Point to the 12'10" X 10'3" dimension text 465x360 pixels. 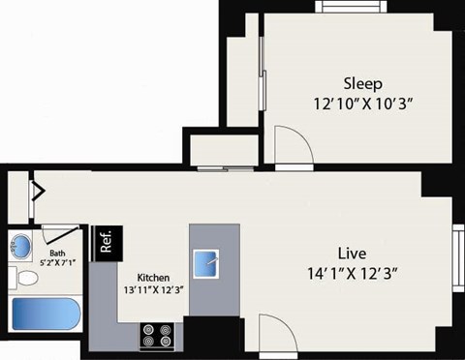(x=363, y=104)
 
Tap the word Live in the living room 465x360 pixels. (x=351, y=253)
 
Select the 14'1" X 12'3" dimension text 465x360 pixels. (x=351, y=273)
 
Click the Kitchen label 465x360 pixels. (x=154, y=275)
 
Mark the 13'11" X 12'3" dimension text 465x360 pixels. (x=154, y=289)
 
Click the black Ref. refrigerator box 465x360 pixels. (x=105, y=240)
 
